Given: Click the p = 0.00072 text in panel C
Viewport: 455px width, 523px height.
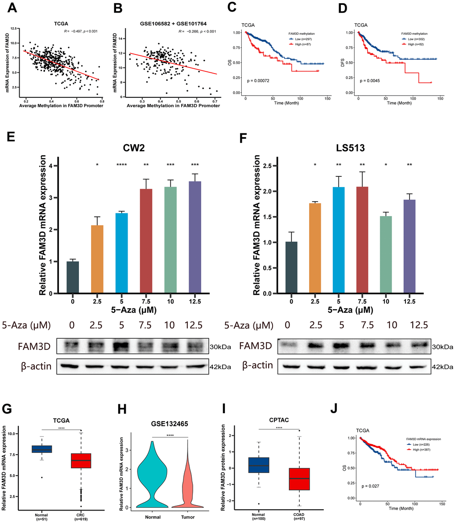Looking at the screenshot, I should tap(261, 82).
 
